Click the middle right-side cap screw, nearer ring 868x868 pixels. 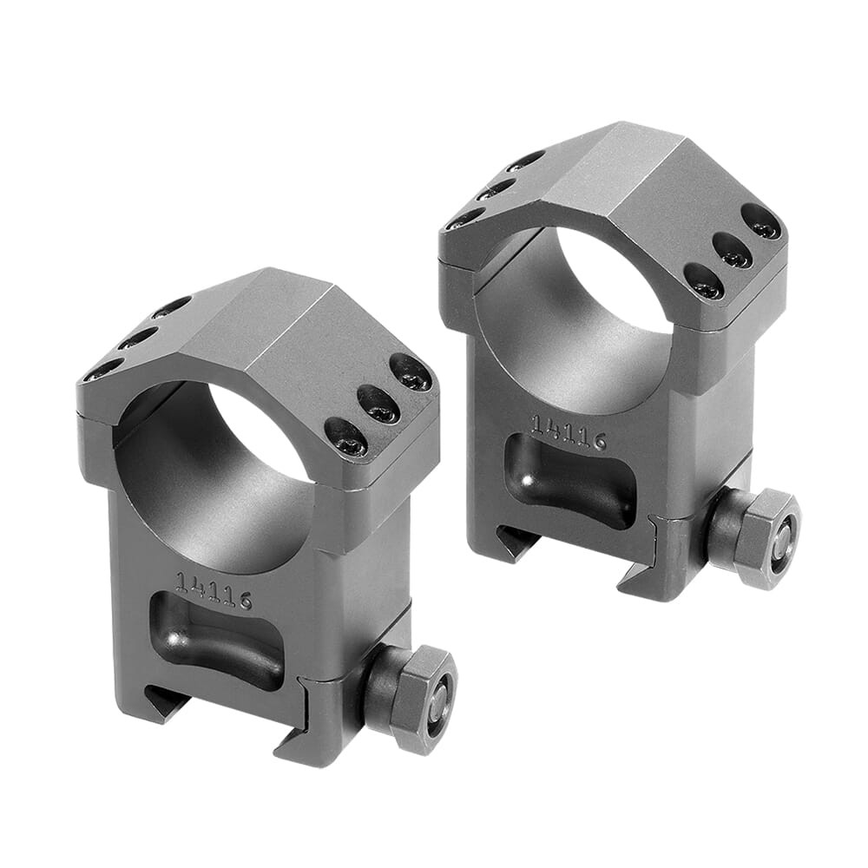[x=378, y=404]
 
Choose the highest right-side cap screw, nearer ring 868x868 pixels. [x=411, y=372]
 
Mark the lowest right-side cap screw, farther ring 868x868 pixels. [x=703, y=281]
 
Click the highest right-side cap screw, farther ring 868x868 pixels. [x=761, y=221]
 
